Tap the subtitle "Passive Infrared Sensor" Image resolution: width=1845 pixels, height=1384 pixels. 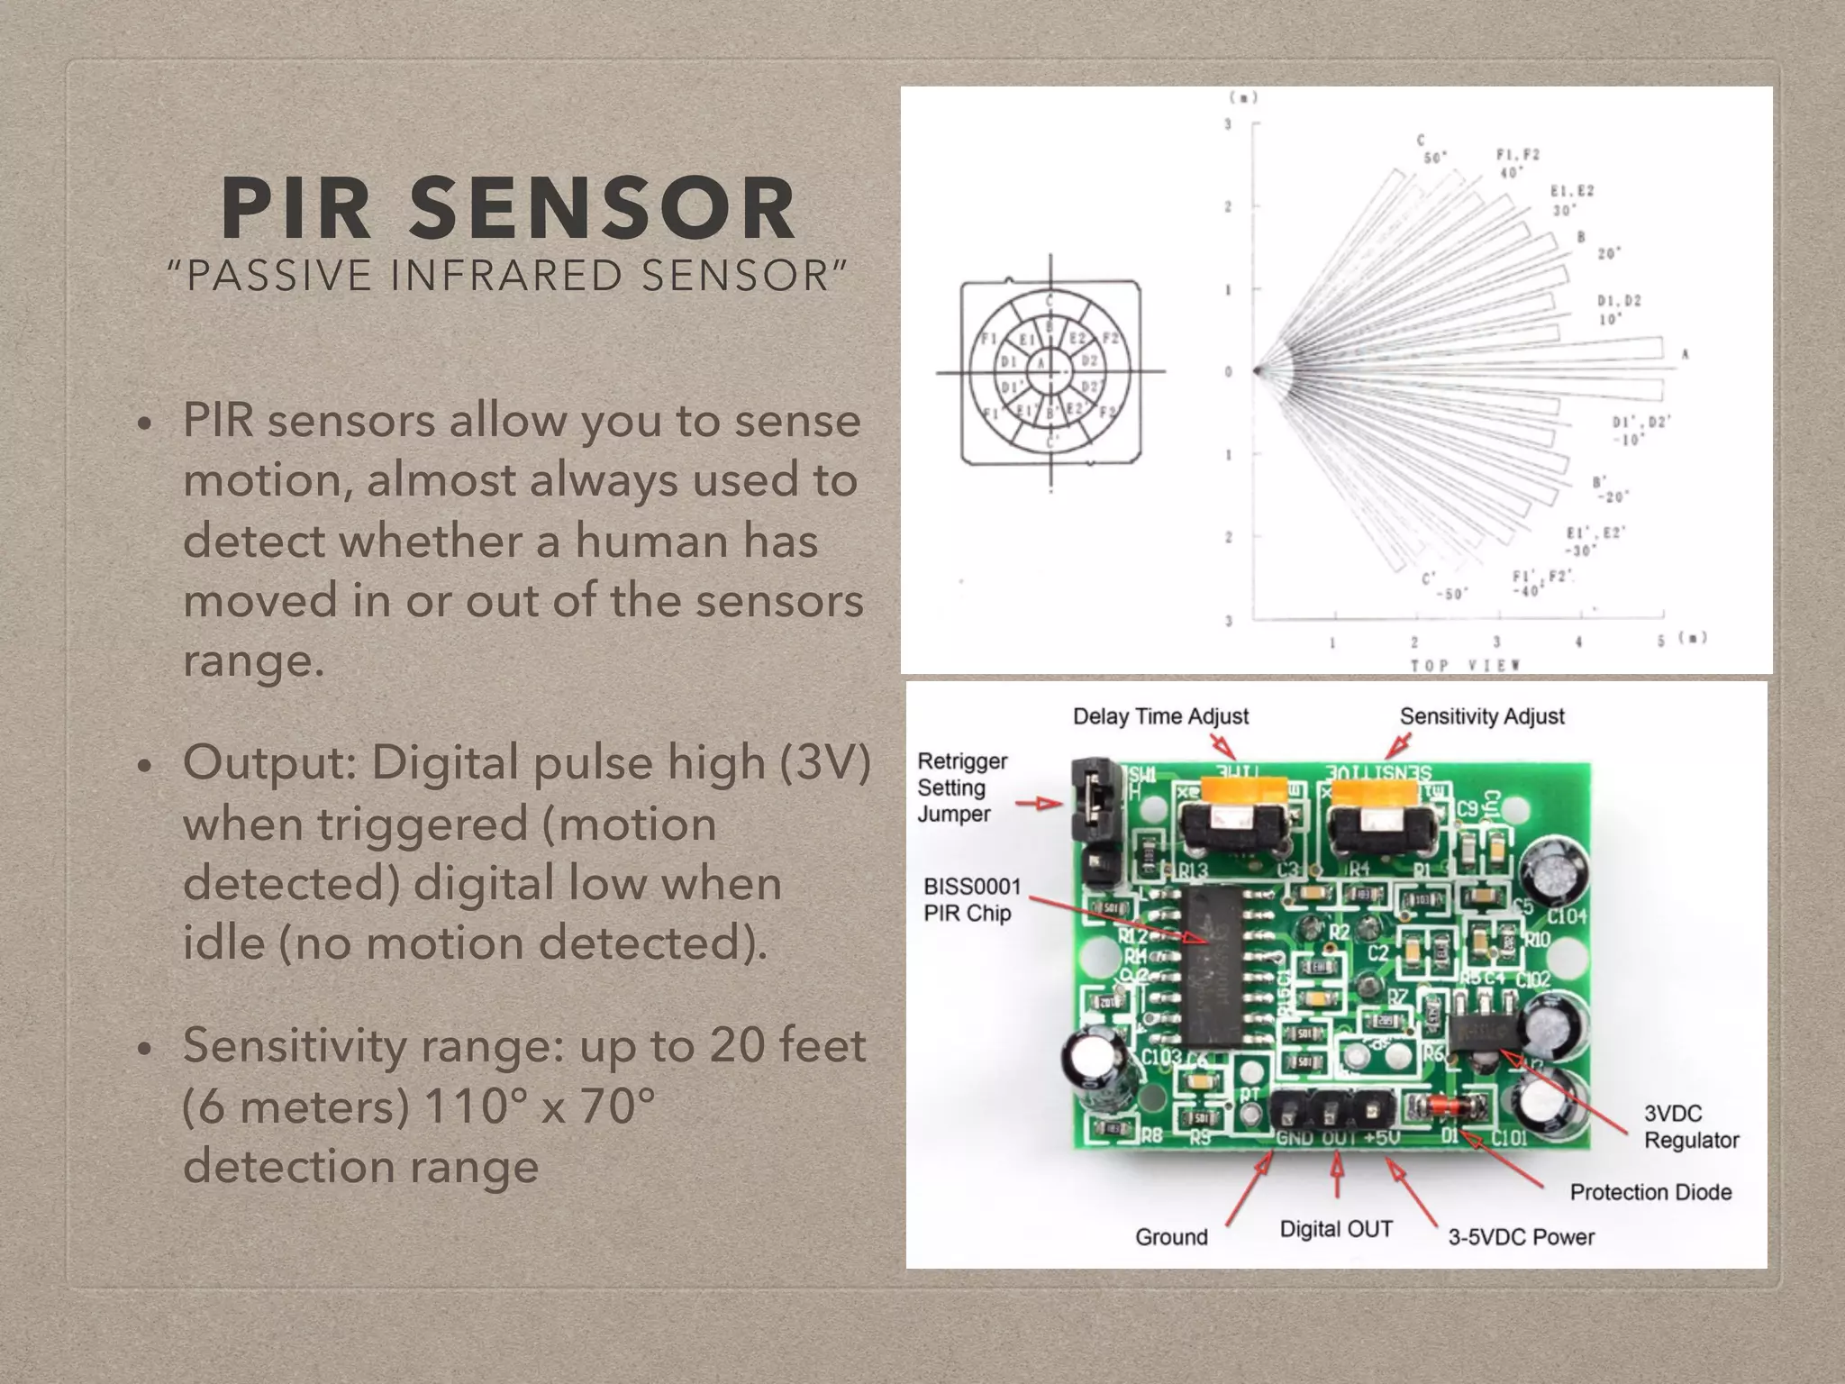(508, 276)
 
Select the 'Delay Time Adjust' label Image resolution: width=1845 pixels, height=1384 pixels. (1160, 716)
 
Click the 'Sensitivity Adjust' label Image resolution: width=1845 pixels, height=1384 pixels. (1482, 716)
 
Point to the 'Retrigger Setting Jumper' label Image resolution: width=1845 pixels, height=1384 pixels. (961, 788)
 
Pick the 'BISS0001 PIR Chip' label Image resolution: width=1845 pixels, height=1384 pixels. (971, 899)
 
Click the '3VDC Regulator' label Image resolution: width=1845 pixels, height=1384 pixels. (1690, 1126)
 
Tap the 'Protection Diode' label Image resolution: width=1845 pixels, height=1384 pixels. (1650, 1192)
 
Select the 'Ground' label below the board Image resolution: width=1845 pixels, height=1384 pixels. (1171, 1237)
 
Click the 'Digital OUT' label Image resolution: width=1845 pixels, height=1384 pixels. (1336, 1229)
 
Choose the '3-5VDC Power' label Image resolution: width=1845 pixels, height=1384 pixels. (1521, 1237)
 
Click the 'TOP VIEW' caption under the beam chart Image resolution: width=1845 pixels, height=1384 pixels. (1466, 665)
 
